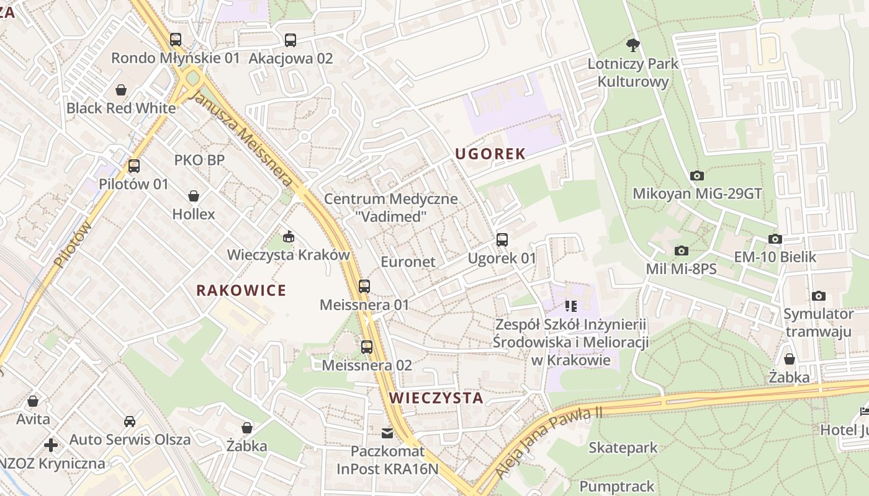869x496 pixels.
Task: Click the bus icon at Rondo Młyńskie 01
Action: (176, 40)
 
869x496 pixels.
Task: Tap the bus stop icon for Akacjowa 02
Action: (290, 40)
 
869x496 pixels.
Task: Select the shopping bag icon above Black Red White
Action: (121, 90)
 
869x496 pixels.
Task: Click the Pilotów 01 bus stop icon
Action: (133, 166)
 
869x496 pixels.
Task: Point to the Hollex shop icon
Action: (194, 196)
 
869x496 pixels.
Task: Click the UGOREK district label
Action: (490, 154)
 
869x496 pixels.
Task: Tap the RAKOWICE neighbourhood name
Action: (241, 290)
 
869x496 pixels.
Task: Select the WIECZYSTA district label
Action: (436, 397)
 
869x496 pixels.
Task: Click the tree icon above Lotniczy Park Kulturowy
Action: (633, 45)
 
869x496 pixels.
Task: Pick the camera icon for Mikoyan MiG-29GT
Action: (696, 175)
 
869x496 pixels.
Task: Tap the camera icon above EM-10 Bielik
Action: (775, 239)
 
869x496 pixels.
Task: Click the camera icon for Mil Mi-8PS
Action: (681, 250)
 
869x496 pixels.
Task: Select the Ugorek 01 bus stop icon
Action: (502, 239)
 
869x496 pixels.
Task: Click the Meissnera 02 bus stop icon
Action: (367, 347)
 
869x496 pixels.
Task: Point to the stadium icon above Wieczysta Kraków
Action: (288, 236)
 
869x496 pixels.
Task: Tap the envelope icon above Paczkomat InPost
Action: (387, 433)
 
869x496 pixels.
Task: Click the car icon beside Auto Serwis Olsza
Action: (129, 422)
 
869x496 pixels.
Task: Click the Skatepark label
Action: (623, 448)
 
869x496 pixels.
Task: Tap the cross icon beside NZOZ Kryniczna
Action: (51, 445)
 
